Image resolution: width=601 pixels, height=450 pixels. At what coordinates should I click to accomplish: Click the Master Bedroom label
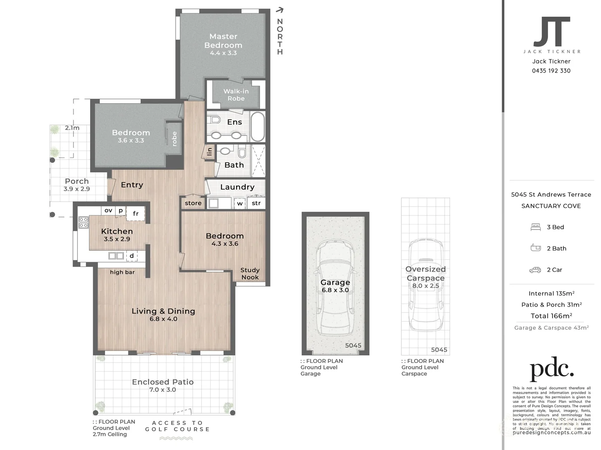click(223, 41)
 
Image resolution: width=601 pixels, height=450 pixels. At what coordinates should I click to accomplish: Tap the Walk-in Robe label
click(236, 95)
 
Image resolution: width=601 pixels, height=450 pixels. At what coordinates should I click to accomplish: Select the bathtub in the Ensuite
click(257, 127)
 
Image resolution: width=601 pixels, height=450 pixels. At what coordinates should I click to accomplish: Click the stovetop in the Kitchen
click(83, 222)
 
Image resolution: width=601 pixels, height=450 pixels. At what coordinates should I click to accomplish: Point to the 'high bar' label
click(122, 272)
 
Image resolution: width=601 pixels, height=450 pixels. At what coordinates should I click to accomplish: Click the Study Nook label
click(250, 273)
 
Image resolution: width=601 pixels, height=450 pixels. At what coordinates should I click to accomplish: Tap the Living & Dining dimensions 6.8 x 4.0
click(163, 319)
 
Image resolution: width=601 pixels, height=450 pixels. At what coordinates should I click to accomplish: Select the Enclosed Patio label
click(163, 382)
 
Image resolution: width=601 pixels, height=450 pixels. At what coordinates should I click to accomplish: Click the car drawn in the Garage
click(335, 287)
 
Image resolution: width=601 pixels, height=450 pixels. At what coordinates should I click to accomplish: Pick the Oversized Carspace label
click(425, 273)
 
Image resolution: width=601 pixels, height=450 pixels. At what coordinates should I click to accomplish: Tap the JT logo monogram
click(551, 32)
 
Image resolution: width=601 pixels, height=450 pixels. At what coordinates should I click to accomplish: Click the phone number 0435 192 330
click(551, 71)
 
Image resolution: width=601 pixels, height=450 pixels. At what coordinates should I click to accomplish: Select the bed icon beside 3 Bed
click(536, 227)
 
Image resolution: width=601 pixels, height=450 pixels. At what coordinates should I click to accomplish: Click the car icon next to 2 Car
click(535, 270)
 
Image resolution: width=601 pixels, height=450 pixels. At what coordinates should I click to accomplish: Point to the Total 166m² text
click(551, 316)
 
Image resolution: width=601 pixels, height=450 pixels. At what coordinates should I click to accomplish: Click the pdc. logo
click(551, 369)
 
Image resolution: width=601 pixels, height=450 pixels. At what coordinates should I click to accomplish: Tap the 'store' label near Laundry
click(193, 203)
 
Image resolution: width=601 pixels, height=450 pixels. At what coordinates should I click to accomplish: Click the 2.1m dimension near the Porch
click(72, 128)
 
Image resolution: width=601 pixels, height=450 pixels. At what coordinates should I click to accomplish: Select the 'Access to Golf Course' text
click(177, 426)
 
